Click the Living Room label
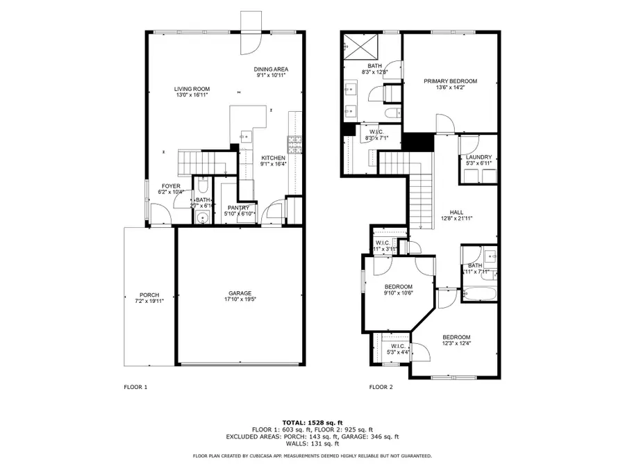click(x=192, y=89)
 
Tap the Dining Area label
click(x=271, y=69)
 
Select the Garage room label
click(x=240, y=293)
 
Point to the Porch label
click(x=149, y=295)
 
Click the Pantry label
click(x=239, y=208)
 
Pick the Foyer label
click(x=171, y=186)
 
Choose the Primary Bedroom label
click(x=451, y=81)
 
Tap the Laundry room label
click(x=478, y=158)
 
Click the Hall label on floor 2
click(x=456, y=213)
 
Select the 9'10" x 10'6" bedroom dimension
click(x=399, y=293)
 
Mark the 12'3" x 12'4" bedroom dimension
click(x=456, y=343)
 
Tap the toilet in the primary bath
click(x=392, y=113)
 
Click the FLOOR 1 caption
click(x=135, y=387)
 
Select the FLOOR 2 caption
click(x=381, y=387)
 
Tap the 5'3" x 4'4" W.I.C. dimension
click(x=398, y=352)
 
